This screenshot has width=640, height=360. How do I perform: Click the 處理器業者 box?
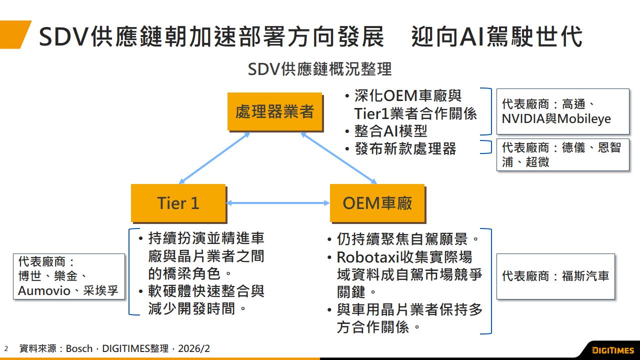[274, 111]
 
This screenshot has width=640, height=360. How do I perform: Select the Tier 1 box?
[178, 202]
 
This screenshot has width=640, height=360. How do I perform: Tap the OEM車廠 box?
[377, 202]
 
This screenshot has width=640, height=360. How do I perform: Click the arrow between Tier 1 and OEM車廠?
[278, 203]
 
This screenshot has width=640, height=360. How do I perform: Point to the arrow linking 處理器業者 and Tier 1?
[214, 158]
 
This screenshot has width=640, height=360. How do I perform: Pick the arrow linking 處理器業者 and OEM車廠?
[338, 158]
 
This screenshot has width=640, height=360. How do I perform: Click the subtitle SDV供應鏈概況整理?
[319, 69]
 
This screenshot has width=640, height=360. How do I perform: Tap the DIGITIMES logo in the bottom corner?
[612, 350]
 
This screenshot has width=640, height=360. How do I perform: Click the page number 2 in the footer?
[6, 348]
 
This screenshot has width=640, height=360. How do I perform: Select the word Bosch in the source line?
[79, 348]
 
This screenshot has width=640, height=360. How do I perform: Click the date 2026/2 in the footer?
[194, 348]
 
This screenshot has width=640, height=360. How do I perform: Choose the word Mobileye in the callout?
[584, 119]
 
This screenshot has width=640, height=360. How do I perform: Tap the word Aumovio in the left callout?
[44, 290]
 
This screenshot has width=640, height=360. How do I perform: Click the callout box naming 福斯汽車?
[555, 276]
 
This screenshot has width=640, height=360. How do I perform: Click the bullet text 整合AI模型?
[391, 131]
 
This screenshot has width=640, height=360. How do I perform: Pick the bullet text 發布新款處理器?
[405, 148]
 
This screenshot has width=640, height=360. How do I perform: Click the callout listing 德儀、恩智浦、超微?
[562, 155]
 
